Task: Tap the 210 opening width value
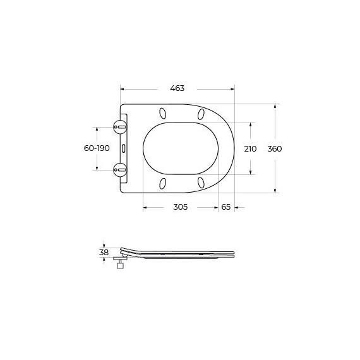pos(250,148)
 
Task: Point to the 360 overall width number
pos(275,148)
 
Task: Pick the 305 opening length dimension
pos(180,207)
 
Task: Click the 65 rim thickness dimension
pos(225,207)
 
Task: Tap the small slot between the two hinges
pos(124,148)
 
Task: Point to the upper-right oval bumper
pos(201,114)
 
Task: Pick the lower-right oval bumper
pos(201,183)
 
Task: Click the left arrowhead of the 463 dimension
pos(121,88)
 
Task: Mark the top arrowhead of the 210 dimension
pos(250,124)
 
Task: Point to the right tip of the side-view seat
pos(234,254)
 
